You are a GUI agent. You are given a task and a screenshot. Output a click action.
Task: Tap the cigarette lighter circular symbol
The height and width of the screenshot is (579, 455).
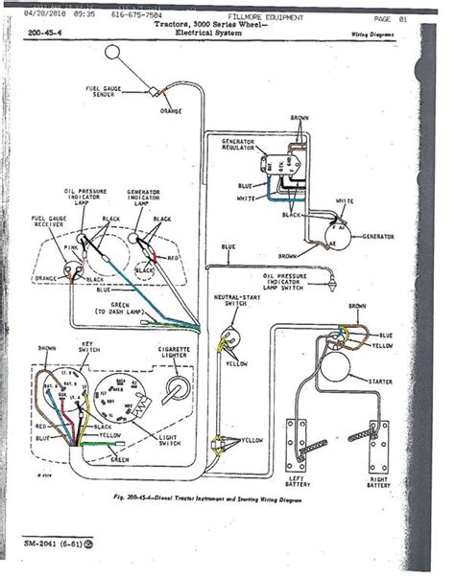pyautogui.click(x=176, y=388)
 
